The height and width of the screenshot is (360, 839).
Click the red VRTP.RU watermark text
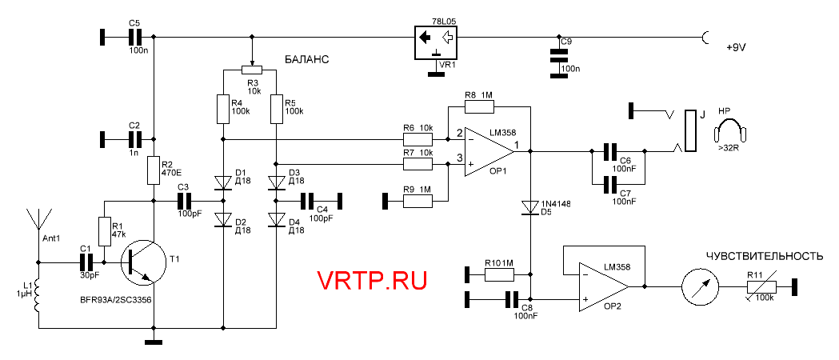click(x=372, y=281)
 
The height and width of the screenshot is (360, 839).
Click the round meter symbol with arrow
click(x=701, y=286)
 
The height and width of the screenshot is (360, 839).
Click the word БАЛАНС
click(x=308, y=60)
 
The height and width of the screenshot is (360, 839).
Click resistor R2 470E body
click(x=154, y=170)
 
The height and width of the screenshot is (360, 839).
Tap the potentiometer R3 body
click(x=253, y=70)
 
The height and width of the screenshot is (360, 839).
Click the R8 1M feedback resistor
click(x=479, y=106)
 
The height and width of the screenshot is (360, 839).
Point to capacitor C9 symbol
click(x=559, y=55)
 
